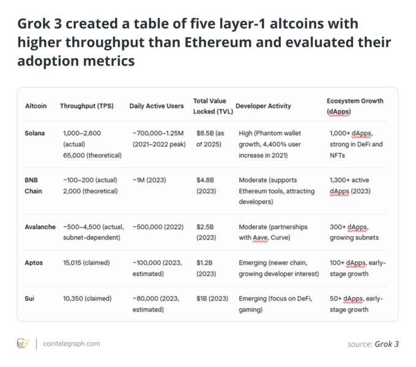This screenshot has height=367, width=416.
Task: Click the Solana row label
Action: (34, 133)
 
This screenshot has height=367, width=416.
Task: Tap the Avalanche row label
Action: (40, 227)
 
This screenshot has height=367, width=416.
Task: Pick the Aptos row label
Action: (34, 262)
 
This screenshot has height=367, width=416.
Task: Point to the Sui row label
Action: (30, 298)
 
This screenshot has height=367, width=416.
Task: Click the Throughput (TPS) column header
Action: (86, 106)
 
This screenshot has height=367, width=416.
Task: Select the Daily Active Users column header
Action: (157, 106)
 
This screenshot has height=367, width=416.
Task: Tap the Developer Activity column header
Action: (263, 106)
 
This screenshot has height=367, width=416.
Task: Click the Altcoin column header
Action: (35, 106)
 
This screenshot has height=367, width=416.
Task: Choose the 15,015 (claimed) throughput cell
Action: (86, 262)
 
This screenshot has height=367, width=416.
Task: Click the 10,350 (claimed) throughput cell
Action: (86, 298)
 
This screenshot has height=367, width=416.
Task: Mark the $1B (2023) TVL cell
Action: (212, 298)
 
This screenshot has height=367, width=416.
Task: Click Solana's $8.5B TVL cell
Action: (210, 138)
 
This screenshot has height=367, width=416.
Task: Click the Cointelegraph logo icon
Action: (23, 344)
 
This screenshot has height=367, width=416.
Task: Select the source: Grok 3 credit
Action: (373, 344)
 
